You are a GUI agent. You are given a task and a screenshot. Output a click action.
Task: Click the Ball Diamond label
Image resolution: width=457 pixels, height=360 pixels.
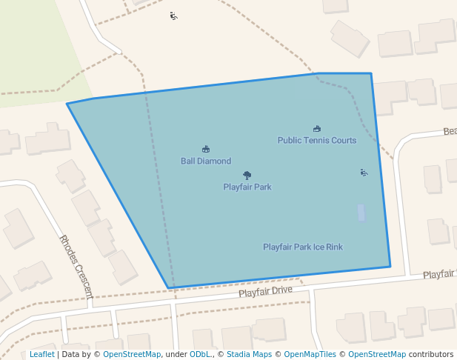[x=206, y=161]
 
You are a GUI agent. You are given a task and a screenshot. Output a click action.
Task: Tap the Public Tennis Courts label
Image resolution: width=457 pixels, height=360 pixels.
[x=316, y=140]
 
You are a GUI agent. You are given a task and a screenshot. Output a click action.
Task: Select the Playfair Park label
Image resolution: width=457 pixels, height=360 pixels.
[x=247, y=187]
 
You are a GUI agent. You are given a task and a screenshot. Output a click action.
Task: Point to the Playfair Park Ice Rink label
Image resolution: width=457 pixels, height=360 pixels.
[x=303, y=247]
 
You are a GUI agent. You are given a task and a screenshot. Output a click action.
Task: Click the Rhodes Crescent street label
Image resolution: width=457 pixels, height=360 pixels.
[x=76, y=266]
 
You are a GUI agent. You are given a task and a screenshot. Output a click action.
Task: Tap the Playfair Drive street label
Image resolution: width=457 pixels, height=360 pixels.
[x=265, y=293]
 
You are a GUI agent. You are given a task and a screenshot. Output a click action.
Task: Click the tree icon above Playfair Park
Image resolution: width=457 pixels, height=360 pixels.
[x=247, y=176]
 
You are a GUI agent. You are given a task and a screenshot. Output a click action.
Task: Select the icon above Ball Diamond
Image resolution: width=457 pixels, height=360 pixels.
[x=206, y=149]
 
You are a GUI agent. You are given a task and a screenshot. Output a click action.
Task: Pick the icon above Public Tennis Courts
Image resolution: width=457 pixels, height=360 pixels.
[x=317, y=129]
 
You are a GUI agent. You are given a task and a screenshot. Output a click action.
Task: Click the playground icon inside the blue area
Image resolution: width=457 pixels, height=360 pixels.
[x=364, y=173]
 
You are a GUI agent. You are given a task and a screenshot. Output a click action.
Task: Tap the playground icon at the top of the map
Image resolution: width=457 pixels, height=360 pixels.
[x=173, y=16]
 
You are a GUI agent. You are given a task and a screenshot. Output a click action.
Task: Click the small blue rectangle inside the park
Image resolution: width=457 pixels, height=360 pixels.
[x=361, y=213]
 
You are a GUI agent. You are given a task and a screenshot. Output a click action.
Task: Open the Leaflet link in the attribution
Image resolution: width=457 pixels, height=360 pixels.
[x=41, y=354]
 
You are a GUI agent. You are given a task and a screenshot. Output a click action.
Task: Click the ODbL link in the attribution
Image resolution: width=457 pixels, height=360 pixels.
[x=201, y=354]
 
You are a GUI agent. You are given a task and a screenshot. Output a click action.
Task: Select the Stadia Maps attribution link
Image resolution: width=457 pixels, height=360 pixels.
[x=249, y=354]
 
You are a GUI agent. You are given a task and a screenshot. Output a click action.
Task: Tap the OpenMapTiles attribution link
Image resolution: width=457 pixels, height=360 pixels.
[x=310, y=354]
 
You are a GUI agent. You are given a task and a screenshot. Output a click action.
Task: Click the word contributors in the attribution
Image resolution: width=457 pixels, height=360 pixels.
[x=431, y=354]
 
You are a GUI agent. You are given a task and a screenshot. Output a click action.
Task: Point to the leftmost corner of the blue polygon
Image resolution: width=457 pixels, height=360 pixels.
[x=67, y=104]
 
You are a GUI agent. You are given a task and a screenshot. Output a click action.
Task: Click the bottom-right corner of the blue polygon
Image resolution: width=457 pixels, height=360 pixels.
[x=390, y=267]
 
